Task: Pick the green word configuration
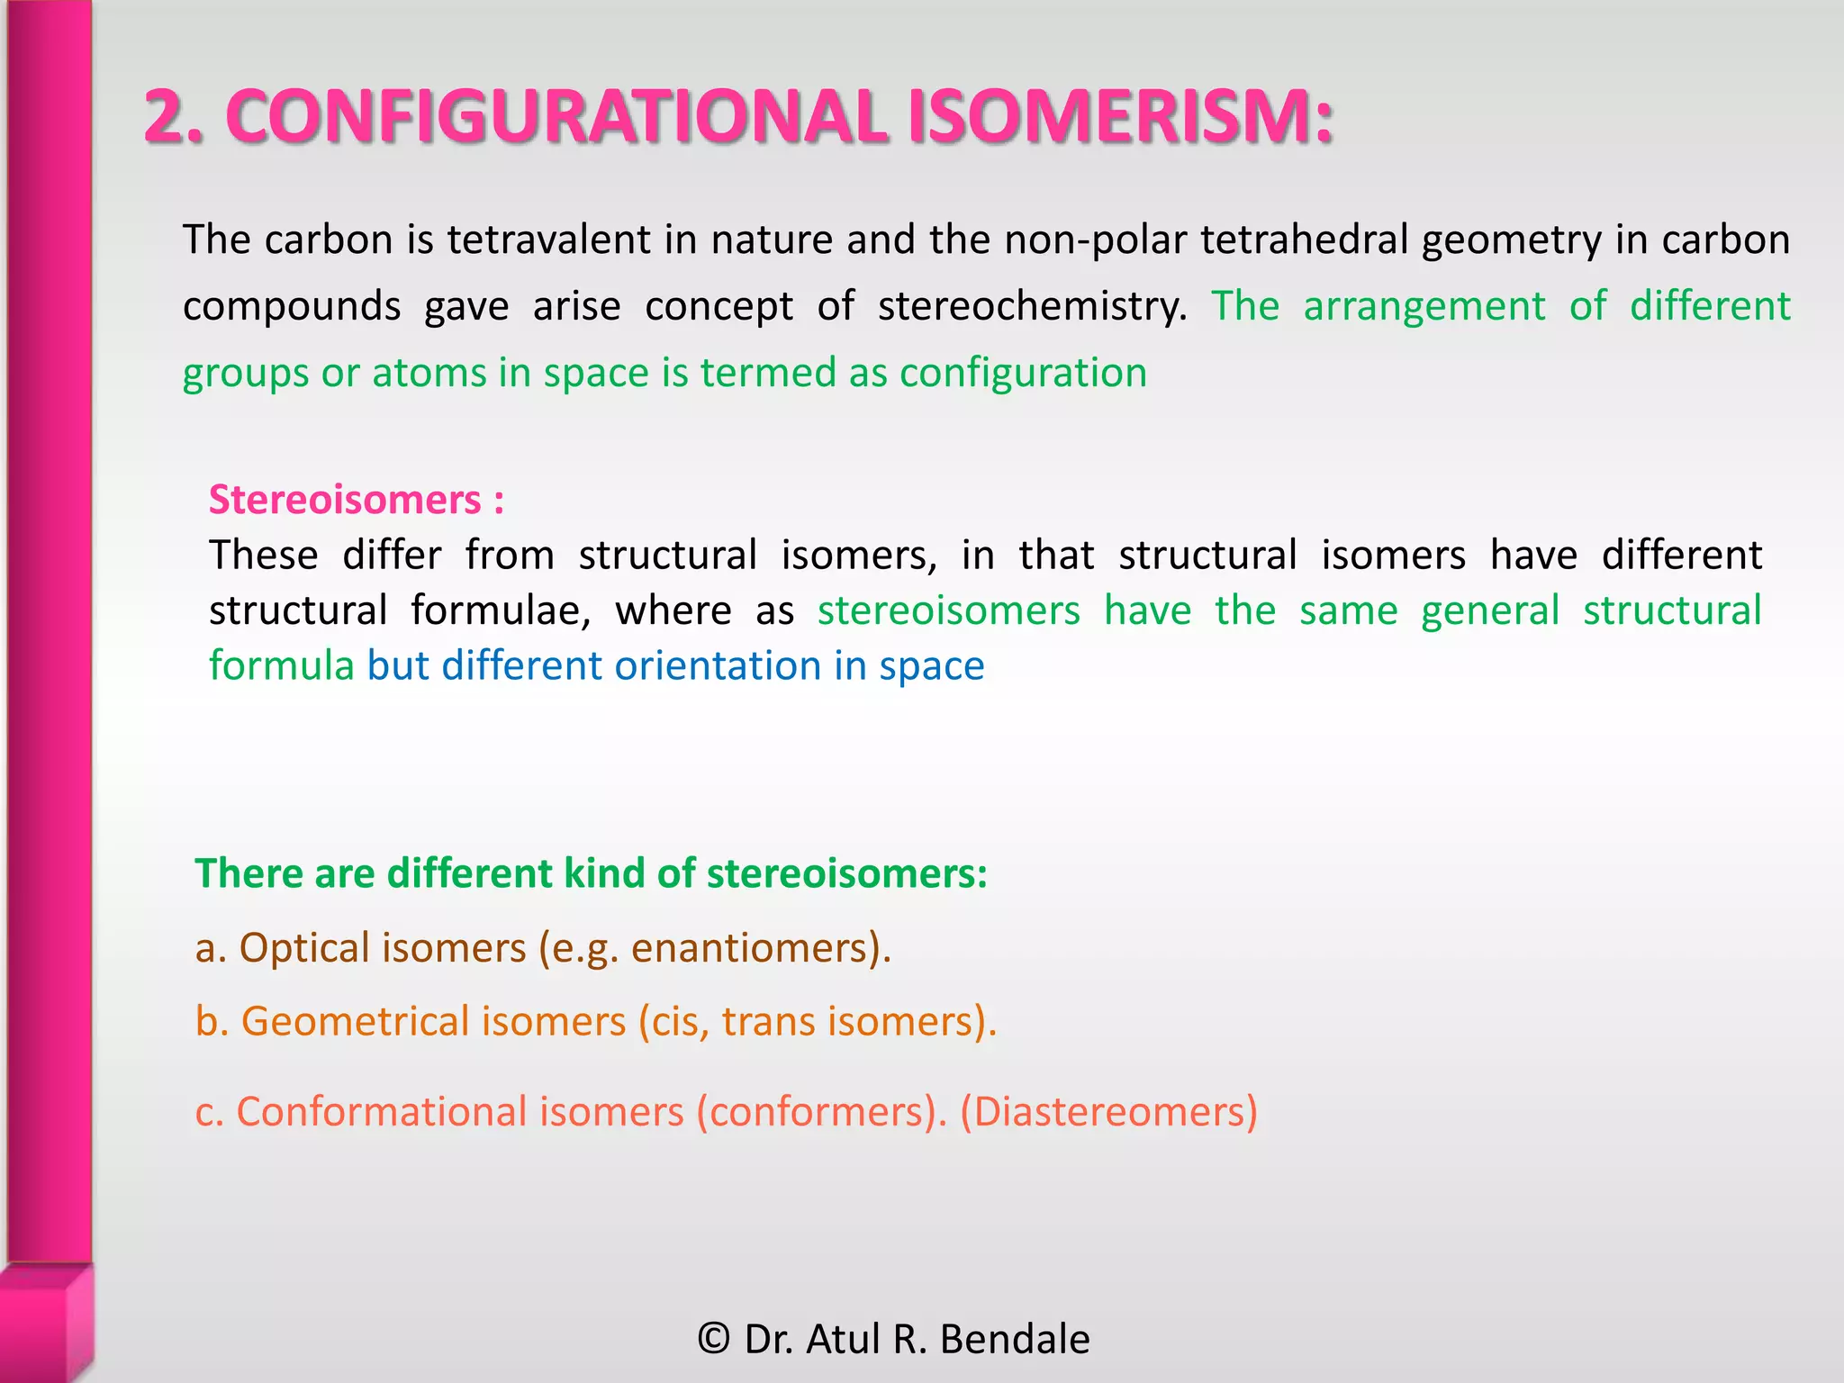click(x=1023, y=373)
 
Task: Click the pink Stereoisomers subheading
click(x=345, y=500)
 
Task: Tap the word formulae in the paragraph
click(x=501, y=610)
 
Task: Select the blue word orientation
click(x=717, y=666)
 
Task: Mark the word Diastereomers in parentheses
click(x=1108, y=1112)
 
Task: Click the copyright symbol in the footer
click(x=714, y=1339)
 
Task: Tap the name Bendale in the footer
click(x=1015, y=1339)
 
